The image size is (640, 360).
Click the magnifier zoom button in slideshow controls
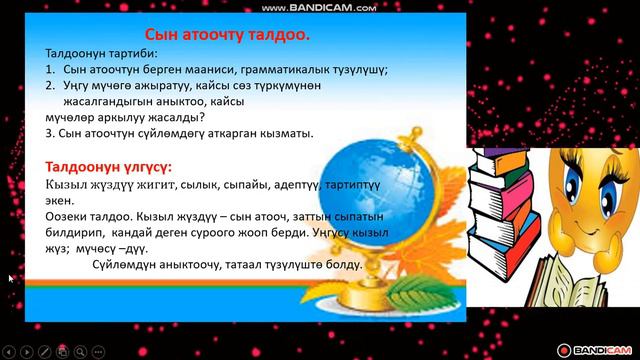[x=80, y=350]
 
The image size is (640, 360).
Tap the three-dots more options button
[x=99, y=350]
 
